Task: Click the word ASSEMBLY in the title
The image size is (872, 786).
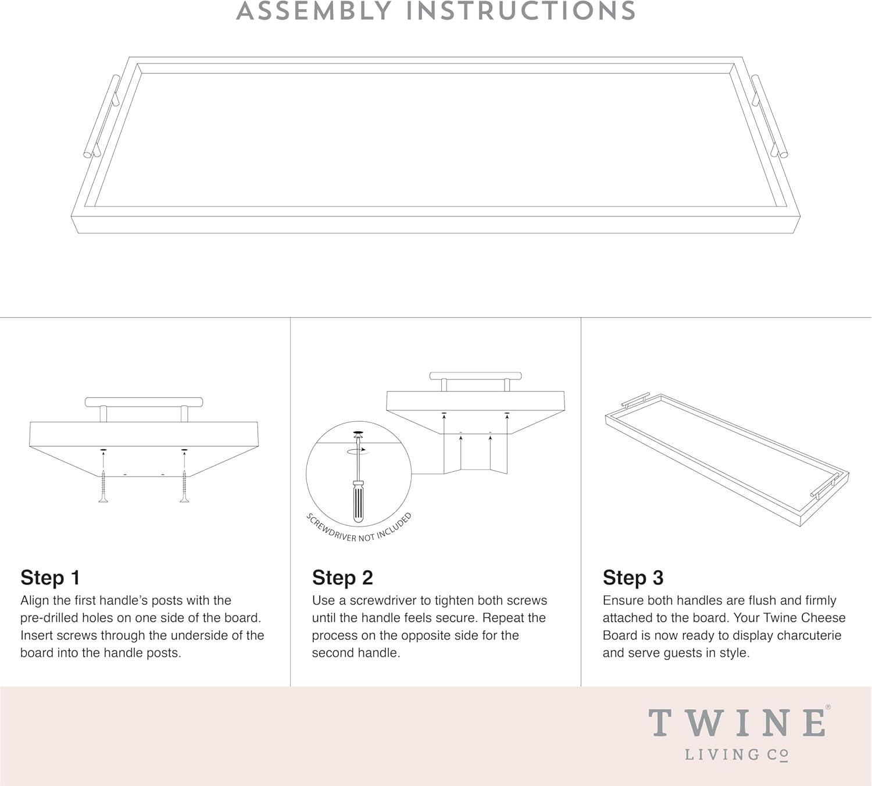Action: (x=313, y=11)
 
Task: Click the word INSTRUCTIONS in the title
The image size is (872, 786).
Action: (x=521, y=11)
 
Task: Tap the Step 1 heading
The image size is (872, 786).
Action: (x=51, y=578)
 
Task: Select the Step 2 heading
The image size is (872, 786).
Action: (x=342, y=578)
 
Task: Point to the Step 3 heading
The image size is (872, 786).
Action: (x=633, y=578)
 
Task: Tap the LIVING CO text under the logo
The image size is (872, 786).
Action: (x=737, y=755)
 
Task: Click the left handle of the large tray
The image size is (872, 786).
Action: (x=101, y=115)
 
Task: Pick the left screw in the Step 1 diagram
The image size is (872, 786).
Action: (x=103, y=486)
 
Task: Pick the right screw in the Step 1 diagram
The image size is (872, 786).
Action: (x=184, y=486)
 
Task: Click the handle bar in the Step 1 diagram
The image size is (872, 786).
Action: (x=144, y=401)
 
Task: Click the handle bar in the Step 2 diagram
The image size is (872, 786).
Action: (x=476, y=376)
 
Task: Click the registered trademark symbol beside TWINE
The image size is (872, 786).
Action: (x=828, y=707)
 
